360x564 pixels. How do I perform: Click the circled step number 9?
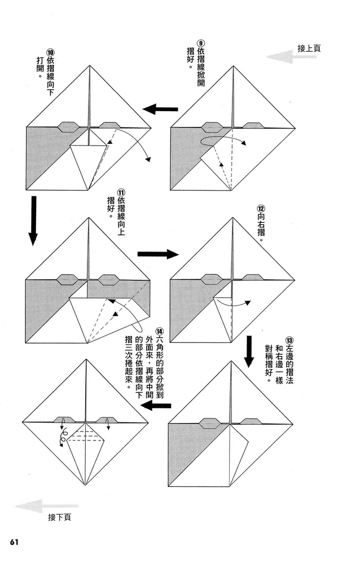pyautogui.click(x=200, y=43)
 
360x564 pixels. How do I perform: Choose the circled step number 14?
pyautogui.click(x=160, y=332)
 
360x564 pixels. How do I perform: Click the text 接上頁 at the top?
pyautogui.click(x=309, y=49)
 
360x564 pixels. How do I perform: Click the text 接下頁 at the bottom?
pyautogui.click(x=59, y=516)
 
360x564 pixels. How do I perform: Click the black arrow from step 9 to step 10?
pyautogui.click(x=160, y=109)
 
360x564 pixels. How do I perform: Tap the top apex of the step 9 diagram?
pyautogui.click(x=232, y=67)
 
